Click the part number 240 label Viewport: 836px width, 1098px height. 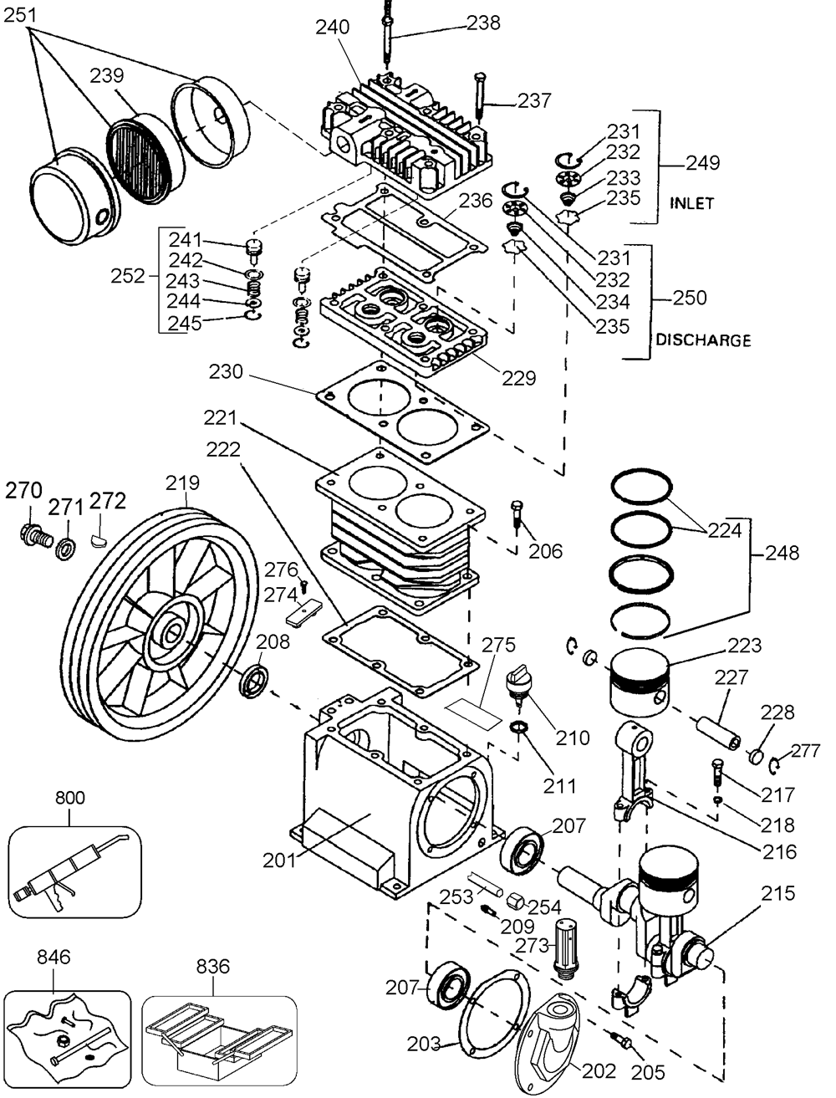pyautogui.click(x=332, y=27)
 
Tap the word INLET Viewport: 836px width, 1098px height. pyautogui.click(x=692, y=203)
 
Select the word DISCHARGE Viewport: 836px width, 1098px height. pyautogui.click(x=704, y=340)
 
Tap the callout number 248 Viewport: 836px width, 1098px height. pyautogui.click(x=782, y=553)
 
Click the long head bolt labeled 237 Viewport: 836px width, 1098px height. pyautogui.click(x=480, y=99)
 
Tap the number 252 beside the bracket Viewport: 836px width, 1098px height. pyautogui.click(x=128, y=276)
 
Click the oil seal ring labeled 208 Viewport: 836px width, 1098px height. pyautogui.click(x=254, y=680)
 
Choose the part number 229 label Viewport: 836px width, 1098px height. pyautogui.click(x=519, y=378)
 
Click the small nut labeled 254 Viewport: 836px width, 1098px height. pyautogui.click(x=515, y=902)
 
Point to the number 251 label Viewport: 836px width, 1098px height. pyautogui.click(x=21, y=15)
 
